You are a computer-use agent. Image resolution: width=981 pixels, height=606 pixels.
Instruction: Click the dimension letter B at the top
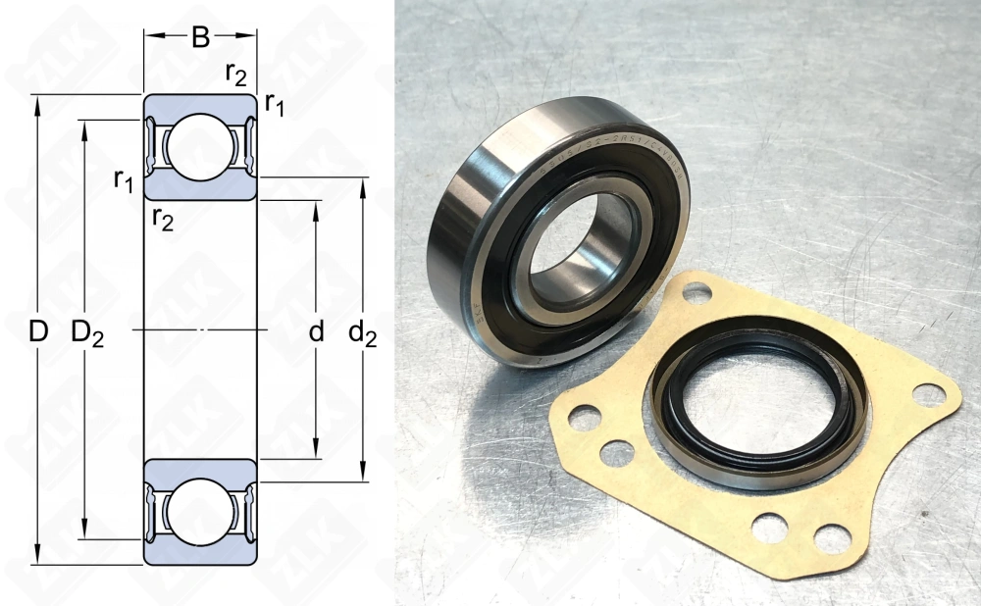[200, 37]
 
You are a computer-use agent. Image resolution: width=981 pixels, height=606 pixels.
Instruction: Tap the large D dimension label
[37, 332]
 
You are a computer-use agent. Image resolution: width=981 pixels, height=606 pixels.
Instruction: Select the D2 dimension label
[87, 333]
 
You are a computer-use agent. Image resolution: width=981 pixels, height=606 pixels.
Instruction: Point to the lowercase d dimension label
[316, 332]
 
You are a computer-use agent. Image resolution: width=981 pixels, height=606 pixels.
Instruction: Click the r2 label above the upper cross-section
[235, 74]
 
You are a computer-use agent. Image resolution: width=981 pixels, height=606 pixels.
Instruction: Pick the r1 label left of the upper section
[124, 179]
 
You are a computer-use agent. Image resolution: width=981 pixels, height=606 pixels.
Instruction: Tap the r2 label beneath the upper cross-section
[162, 219]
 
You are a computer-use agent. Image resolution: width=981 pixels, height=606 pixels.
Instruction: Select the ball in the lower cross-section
[200, 511]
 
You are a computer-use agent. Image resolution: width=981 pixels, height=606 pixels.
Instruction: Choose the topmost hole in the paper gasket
[697, 291]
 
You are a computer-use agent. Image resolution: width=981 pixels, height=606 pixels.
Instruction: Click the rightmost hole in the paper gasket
[927, 394]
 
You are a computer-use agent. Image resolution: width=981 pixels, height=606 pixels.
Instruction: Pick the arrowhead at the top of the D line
[37, 101]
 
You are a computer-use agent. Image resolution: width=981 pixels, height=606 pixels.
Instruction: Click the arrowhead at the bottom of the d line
[316, 452]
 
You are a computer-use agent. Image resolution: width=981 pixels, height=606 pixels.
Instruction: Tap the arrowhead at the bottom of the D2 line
[87, 533]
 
